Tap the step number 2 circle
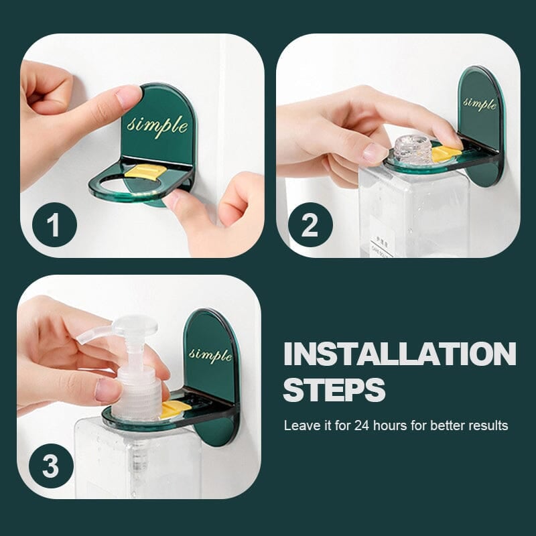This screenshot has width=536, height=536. click(309, 226)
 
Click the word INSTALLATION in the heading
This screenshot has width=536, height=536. click(399, 354)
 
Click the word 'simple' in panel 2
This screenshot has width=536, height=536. click(480, 103)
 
